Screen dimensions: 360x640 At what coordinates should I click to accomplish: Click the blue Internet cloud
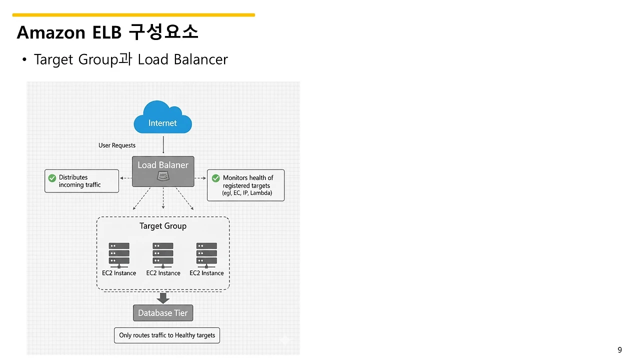tap(162, 118)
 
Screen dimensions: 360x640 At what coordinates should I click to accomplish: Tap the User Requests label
tap(117, 145)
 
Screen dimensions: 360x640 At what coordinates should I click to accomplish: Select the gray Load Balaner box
tap(163, 171)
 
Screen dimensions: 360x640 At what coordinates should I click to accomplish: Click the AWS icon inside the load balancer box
tap(163, 176)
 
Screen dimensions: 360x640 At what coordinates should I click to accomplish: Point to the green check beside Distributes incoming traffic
tap(52, 178)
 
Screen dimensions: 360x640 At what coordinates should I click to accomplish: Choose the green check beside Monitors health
tap(216, 178)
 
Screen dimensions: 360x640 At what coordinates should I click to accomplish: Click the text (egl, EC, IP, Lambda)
tap(247, 193)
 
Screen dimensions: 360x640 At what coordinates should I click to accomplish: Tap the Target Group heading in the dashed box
tap(163, 226)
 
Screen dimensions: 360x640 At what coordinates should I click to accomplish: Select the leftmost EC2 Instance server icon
tap(119, 254)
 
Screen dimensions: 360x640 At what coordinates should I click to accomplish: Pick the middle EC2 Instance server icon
tap(163, 254)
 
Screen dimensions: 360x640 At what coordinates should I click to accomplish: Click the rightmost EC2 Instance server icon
tap(206, 254)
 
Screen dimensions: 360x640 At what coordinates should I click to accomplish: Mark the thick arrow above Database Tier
tap(163, 298)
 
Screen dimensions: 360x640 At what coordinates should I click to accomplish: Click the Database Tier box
tap(163, 313)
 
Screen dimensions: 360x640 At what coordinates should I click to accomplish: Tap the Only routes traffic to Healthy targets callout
tap(167, 335)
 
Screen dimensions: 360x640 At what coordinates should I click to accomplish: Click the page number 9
tap(620, 350)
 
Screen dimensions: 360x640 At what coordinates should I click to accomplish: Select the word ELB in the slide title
tap(107, 32)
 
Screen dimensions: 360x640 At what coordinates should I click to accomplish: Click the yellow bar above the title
tap(133, 15)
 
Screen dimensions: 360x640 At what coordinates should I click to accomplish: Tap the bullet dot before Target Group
tap(23, 60)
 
